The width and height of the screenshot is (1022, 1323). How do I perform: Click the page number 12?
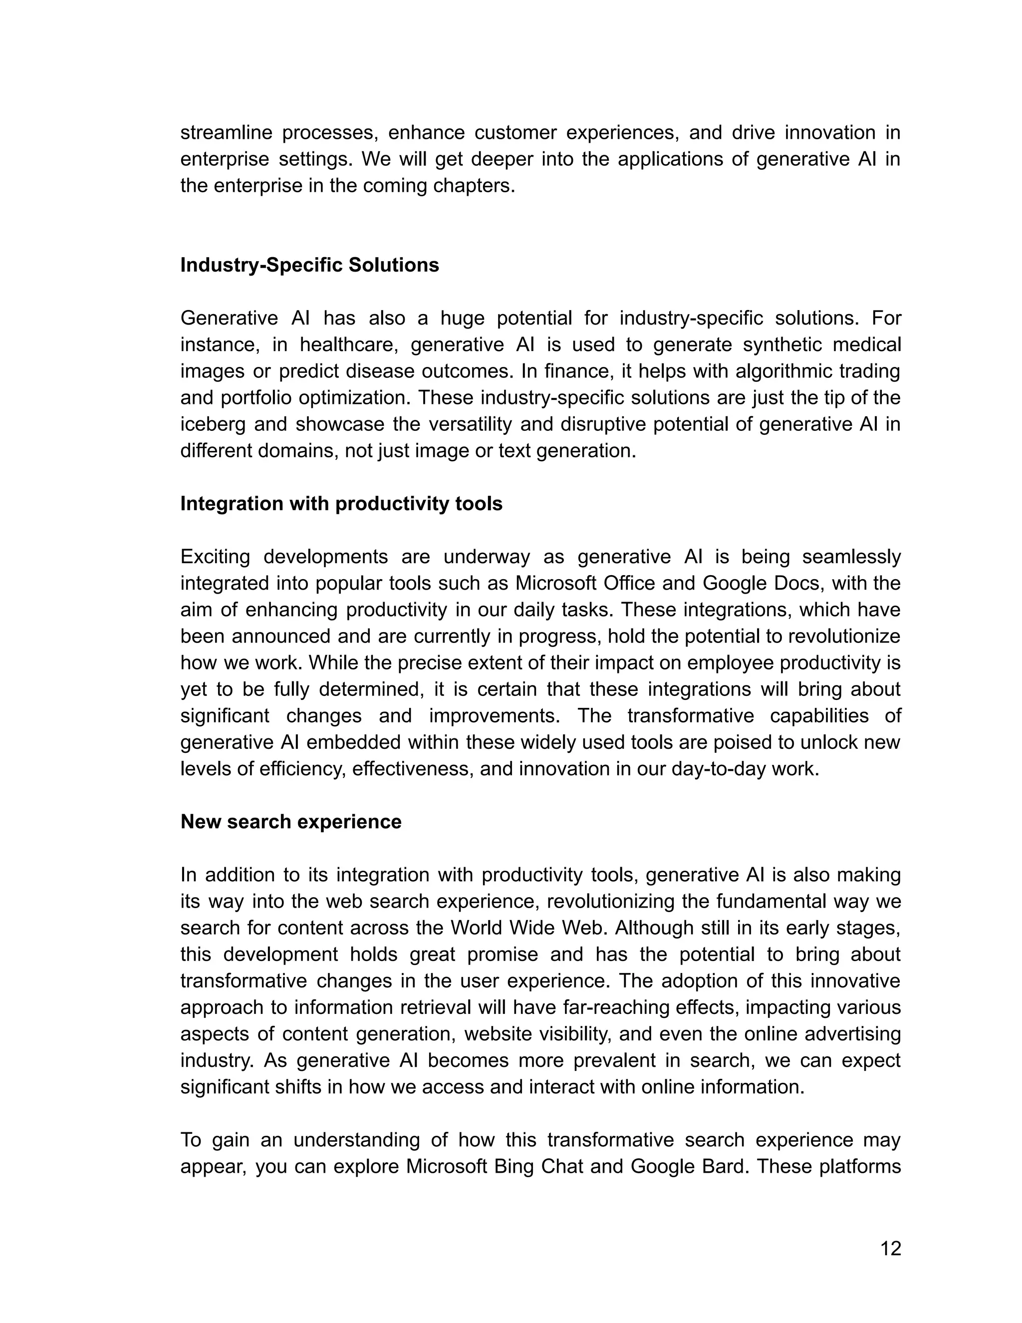tap(890, 1249)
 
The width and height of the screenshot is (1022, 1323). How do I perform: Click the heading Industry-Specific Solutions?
tap(309, 265)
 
